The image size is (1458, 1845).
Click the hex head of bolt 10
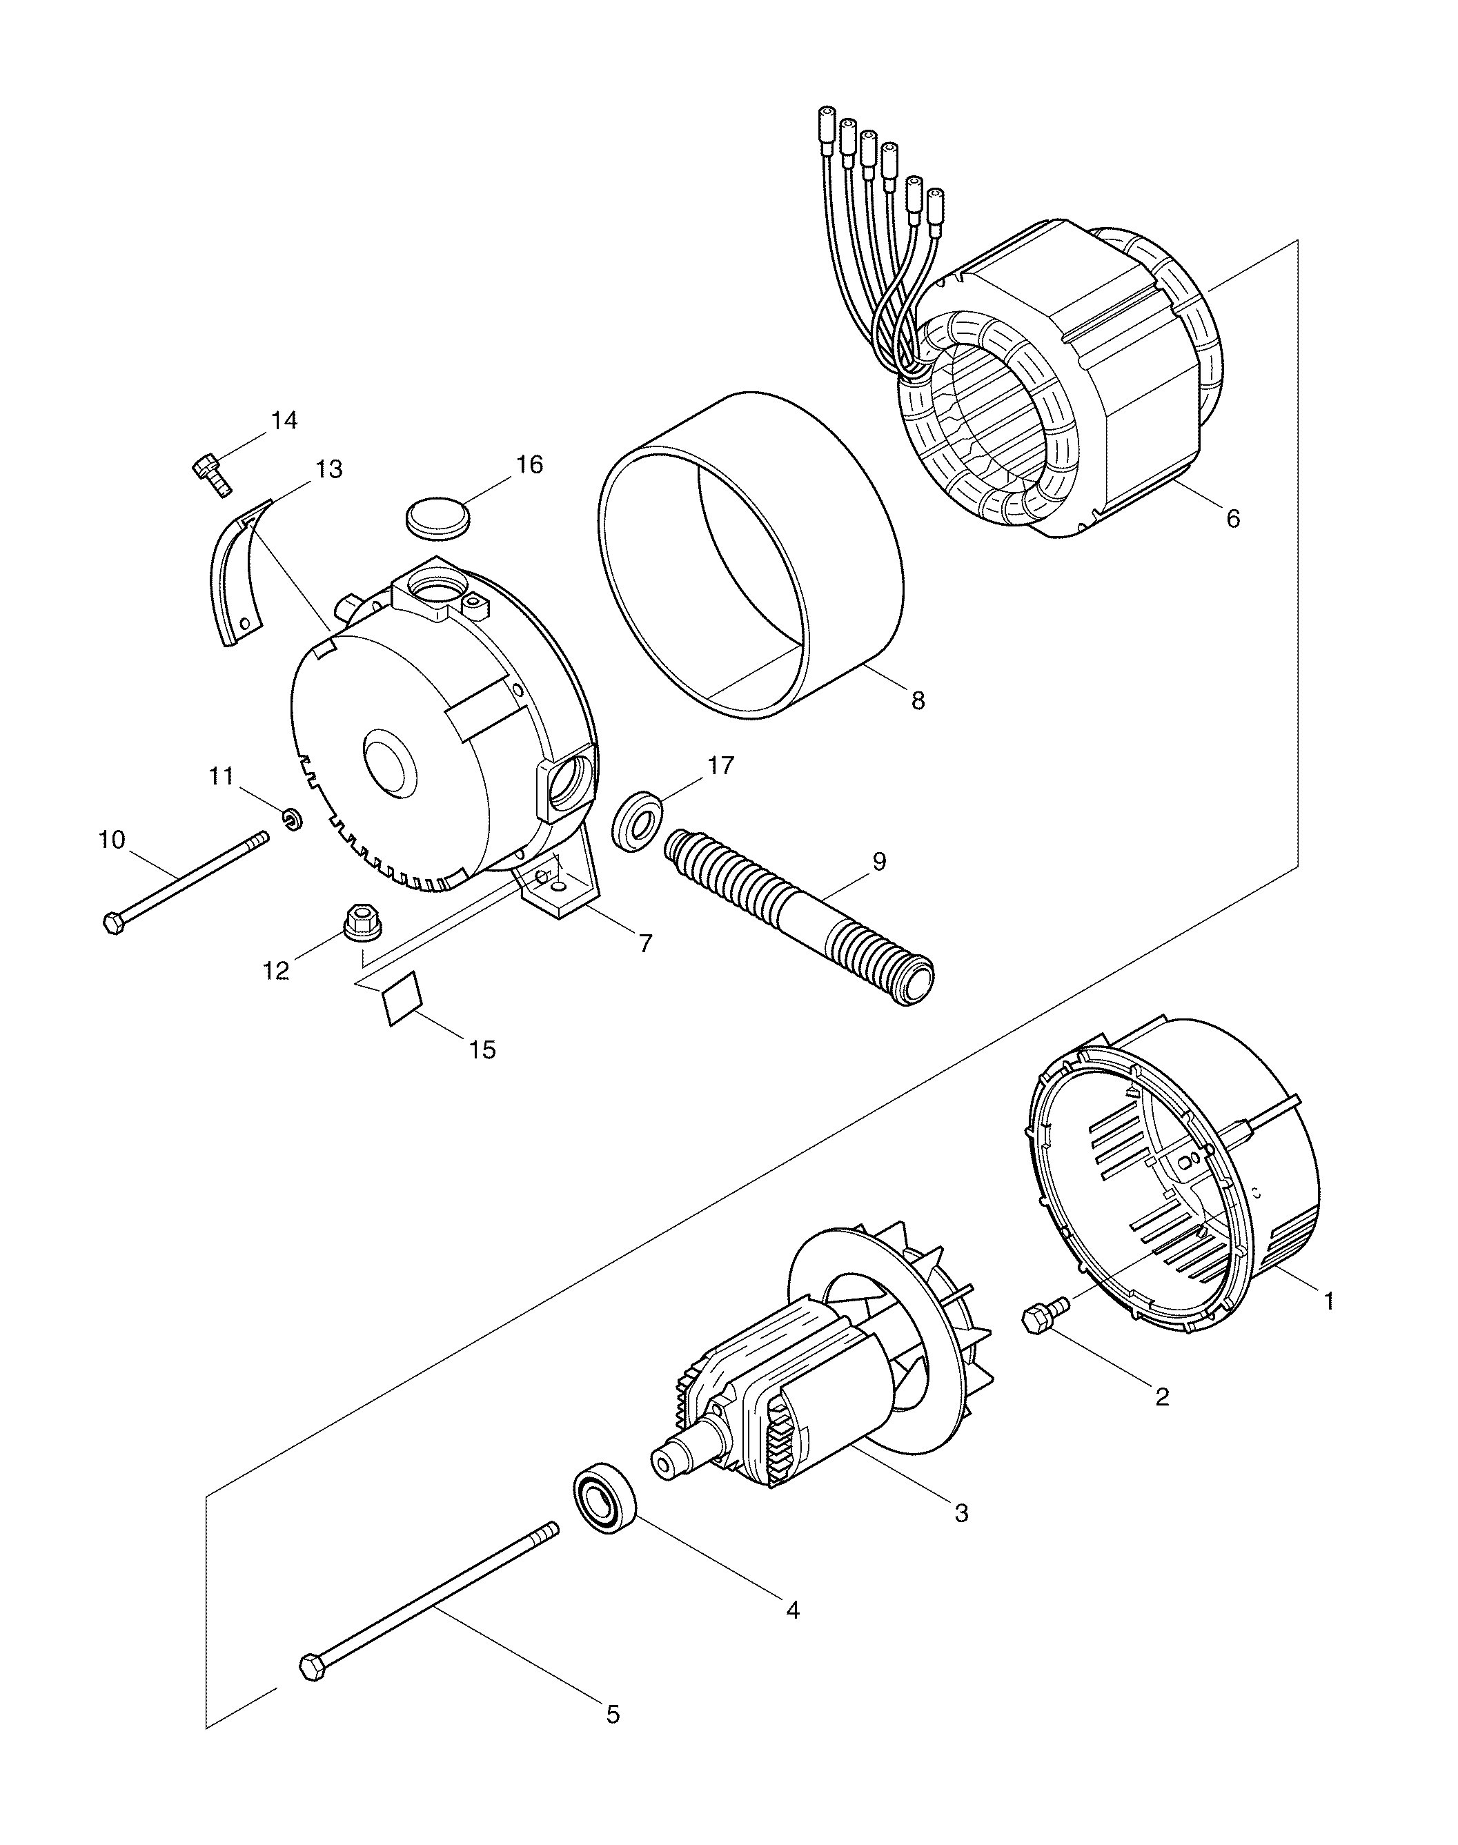pyautogui.click(x=112, y=923)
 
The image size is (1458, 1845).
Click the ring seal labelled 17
pyautogui.click(x=636, y=821)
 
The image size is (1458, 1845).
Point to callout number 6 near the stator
pyautogui.click(x=1232, y=518)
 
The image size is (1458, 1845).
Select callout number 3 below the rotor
pyautogui.click(x=961, y=1513)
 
